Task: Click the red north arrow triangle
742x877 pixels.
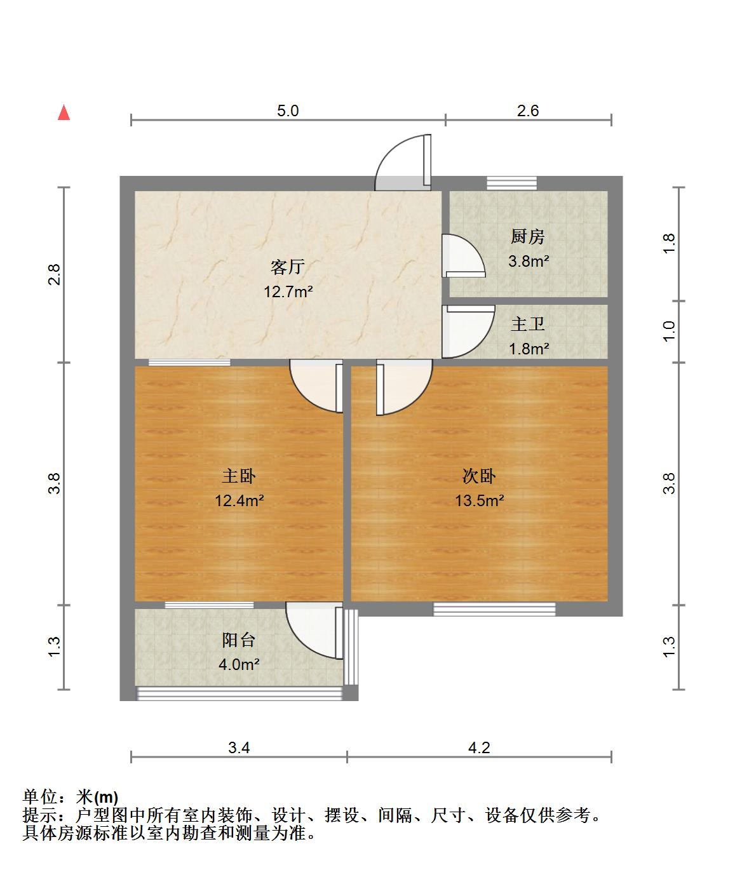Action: (64, 113)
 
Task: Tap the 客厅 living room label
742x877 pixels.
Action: (288, 267)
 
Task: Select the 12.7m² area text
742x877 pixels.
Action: (288, 292)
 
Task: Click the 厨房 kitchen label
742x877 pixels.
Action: (528, 237)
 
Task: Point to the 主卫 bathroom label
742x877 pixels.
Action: (528, 324)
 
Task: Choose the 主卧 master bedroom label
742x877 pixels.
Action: (239, 476)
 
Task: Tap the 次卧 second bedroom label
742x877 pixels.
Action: (479, 476)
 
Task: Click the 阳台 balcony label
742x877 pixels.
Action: (239, 640)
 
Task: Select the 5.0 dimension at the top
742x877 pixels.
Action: (288, 110)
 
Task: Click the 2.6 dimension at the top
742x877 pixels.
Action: (528, 110)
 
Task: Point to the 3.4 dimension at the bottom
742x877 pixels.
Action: (239, 747)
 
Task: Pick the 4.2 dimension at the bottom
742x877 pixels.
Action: (479, 747)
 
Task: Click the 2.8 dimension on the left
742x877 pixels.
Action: (55, 274)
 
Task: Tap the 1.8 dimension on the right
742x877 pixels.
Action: (669, 244)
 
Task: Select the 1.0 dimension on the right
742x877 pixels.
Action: (669, 331)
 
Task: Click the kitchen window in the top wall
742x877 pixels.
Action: (512, 183)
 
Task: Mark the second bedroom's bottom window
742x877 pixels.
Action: (494, 610)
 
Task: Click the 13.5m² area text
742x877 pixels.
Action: (479, 500)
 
